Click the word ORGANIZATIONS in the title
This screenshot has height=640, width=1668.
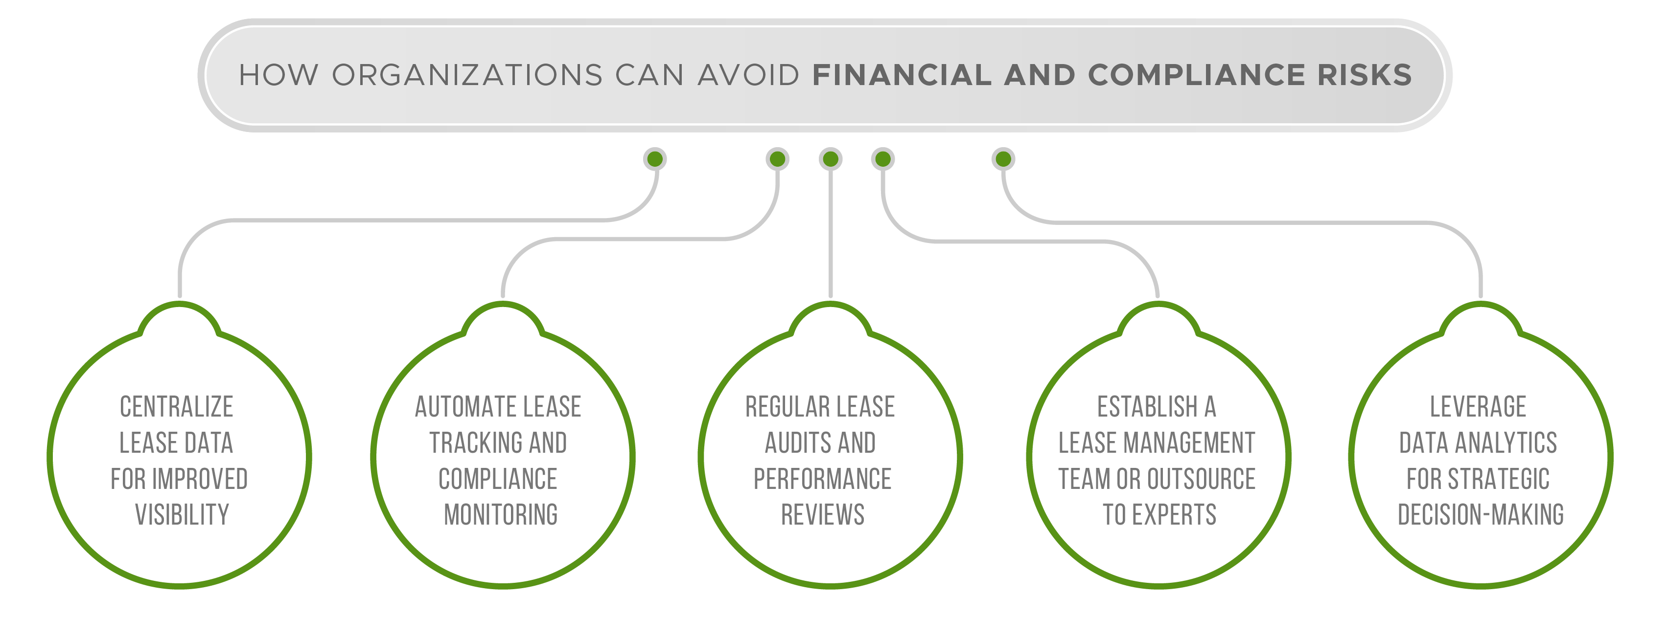click(x=467, y=75)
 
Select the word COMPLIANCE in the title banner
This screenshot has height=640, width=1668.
click(x=1197, y=75)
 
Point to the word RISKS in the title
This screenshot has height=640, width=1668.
click(x=1365, y=75)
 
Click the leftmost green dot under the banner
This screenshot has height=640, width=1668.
click(x=655, y=158)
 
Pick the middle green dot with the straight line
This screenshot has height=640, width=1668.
click(x=830, y=158)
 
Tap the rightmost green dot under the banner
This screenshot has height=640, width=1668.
click(x=1003, y=158)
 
